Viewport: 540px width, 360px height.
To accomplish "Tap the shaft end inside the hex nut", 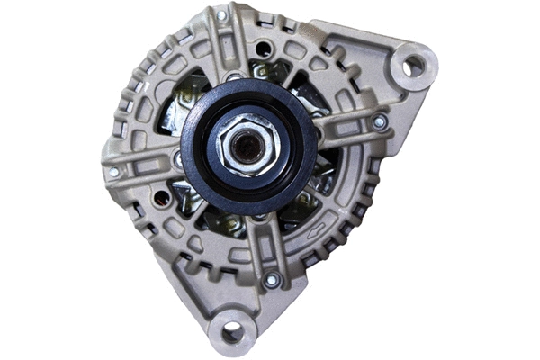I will click(247, 143).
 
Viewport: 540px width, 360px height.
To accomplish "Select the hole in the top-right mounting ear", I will click(413, 65).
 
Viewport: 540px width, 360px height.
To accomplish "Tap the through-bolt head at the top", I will click(221, 15).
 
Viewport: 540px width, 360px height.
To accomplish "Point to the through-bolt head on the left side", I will click(113, 172).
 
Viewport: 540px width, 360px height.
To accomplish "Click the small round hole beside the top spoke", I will click(262, 49).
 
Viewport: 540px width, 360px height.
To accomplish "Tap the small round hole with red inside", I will click(162, 196).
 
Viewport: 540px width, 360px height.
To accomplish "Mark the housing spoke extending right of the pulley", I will click(346, 130).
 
